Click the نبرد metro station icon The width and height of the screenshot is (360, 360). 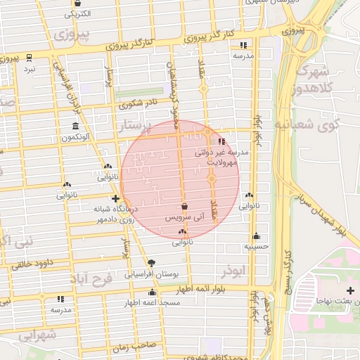29,58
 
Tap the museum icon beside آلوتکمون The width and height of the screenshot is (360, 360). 75,127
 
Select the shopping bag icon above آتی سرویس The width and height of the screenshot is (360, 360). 184,207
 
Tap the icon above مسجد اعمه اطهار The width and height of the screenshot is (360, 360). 153,292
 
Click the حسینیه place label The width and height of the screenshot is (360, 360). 255,247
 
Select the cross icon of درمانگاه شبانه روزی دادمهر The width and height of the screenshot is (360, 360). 115,199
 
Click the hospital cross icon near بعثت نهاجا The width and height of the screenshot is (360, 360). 351,290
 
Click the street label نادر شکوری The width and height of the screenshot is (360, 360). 141,105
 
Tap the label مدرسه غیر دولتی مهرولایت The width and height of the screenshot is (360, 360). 218,156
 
